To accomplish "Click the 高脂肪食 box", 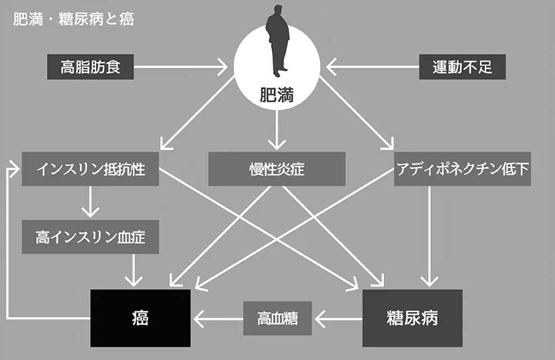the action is [x=90, y=67].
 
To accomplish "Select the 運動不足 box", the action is [x=462, y=67].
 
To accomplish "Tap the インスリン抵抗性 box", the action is [x=90, y=169].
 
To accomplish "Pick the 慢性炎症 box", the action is [x=277, y=169].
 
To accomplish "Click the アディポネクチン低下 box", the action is [x=462, y=169].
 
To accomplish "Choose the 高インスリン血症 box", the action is [x=90, y=237].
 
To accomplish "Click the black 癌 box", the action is [x=140, y=319].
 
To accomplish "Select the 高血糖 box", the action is [x=277, y=319].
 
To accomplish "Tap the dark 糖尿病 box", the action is [x=412, y=319].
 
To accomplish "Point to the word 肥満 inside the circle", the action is [x=277, y=95].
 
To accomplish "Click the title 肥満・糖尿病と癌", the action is [x=74, y=19].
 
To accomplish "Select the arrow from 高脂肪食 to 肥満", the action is [x=181, y=67].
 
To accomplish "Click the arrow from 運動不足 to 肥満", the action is [x=373, y=67].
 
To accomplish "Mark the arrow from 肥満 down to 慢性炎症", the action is [x=277, y=130].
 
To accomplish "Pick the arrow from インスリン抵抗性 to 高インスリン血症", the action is [x=90, y=201].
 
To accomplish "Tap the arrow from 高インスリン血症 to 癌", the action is [x=134, y=270].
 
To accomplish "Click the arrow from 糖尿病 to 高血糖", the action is [x=338, y=319].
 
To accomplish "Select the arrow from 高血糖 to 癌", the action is [x=218, y=319].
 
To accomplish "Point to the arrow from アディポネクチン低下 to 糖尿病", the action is [x=429, y=236].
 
